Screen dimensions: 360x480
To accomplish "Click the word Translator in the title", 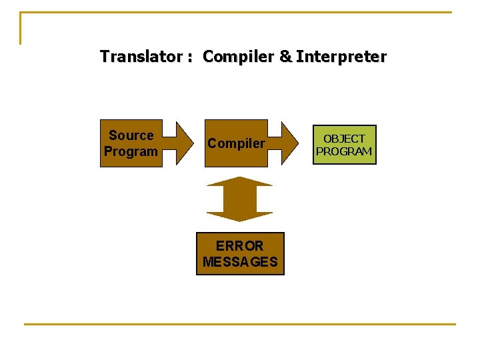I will (x=141, y=57).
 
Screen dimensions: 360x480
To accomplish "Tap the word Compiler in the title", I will (x=238, y=57).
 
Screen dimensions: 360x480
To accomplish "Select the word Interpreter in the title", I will (x=341, y=57).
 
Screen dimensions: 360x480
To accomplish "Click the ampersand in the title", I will (x=285, y=57).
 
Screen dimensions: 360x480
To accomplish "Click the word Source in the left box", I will (x=131, y=135).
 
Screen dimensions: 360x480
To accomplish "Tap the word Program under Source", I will (x=131, y=151).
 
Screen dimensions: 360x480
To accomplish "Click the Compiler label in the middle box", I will (x=236, y=143).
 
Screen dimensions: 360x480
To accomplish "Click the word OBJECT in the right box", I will (x=344, y=139).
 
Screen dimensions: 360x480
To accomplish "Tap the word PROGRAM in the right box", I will (x=344, y=151).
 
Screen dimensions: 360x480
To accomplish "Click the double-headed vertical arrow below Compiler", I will (x=239, y=199).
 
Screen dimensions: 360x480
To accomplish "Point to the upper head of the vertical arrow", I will (x=239, y=181).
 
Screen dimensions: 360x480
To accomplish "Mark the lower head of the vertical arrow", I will (x=239, y=216).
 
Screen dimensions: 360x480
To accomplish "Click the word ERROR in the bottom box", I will (x=239, y=246).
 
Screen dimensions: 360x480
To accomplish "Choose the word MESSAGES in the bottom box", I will (x=239, y=262).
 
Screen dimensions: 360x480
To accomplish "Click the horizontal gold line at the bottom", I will (x=240, y=324).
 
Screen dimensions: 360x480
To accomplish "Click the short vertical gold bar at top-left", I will (x=21, y=28).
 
